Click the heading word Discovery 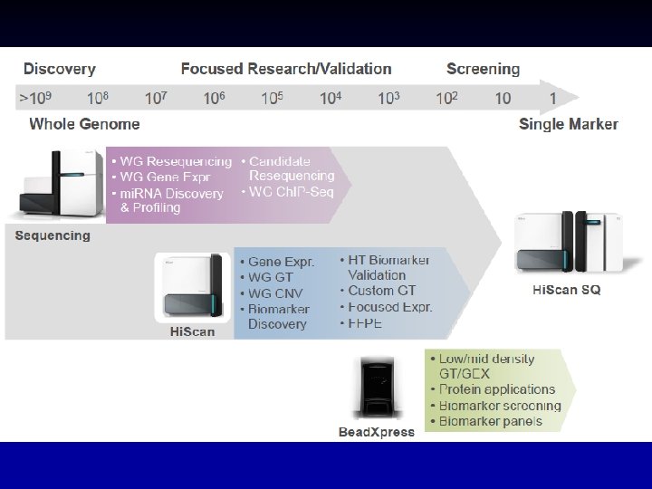[59, 69]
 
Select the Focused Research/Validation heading [286, 69]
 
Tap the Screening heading [483, 69]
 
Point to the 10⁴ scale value [331, 98]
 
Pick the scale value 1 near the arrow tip [552, 98]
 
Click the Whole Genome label [85, 124]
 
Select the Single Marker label [569, 124]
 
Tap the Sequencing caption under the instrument [53, 235]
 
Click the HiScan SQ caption [565, 290]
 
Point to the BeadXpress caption [376, 432]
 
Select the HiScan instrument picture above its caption [192, 287]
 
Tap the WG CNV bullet [274, 293]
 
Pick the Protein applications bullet [493, 389]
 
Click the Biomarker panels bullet [490, 420]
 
